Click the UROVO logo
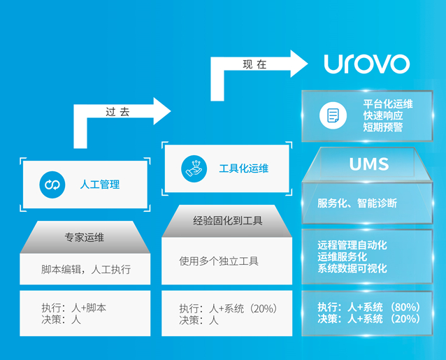click(366, 64)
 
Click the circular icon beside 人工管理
click(51, 184)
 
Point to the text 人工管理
click(99, 185)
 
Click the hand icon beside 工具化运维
click(194, 168)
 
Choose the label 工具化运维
click(243, 168)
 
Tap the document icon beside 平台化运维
click(333, 115)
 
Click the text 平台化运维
click(387, 103)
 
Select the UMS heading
click(368, 164)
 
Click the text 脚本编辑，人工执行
click(85, 269)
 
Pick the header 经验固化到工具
click(227, 221)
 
